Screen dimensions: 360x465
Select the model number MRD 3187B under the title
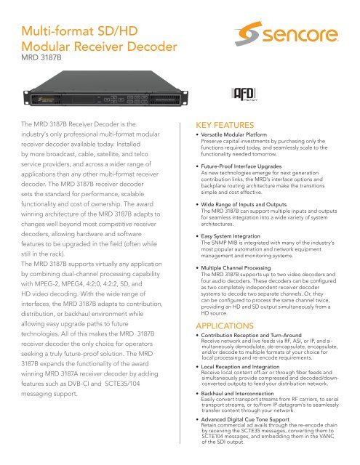click(42, 54)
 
